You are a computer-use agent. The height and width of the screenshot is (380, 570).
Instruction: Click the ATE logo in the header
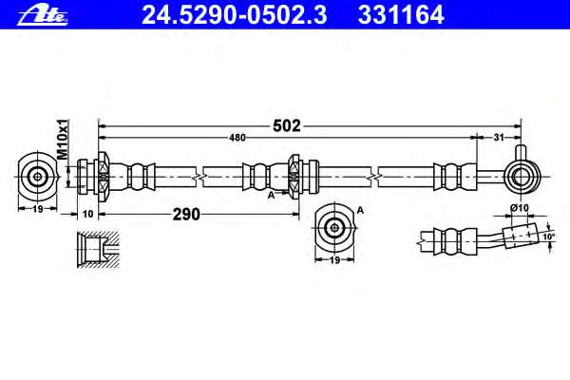coord(43,15)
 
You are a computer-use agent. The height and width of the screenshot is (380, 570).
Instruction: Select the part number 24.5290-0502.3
coord(235,15)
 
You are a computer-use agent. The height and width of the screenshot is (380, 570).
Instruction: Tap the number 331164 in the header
coord(401,15)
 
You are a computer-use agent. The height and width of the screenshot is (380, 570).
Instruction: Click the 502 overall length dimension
coord(287,125)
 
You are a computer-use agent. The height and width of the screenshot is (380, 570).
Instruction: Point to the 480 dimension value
coord(237,138)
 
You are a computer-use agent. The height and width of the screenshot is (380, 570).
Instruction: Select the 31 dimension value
coord(499,138)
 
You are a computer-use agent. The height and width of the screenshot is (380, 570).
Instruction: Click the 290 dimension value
coord(186,214)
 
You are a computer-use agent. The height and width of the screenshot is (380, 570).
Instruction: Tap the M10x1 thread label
coord(63,140)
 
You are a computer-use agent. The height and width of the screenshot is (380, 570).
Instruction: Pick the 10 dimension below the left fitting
coord(88,214)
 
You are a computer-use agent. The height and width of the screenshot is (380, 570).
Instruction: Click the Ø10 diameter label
coord(519,208)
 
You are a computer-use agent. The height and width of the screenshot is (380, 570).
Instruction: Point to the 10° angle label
coord(548,237)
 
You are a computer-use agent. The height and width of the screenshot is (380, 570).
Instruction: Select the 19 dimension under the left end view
coord(38,209)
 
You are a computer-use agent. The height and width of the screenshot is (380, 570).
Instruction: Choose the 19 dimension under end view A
coord(334,260)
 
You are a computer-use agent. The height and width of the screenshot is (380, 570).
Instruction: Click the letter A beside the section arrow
coord(271,196)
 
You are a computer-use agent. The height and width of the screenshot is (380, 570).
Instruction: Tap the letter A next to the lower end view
coord(360,210)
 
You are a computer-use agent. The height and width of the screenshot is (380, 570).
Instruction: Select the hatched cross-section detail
coord(98,250)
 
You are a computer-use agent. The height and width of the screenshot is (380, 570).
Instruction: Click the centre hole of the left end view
coord(37,177)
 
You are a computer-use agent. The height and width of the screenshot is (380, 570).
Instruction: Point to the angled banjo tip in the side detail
coord(520,237)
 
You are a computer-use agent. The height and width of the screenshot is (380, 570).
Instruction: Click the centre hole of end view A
coord(334,228)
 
